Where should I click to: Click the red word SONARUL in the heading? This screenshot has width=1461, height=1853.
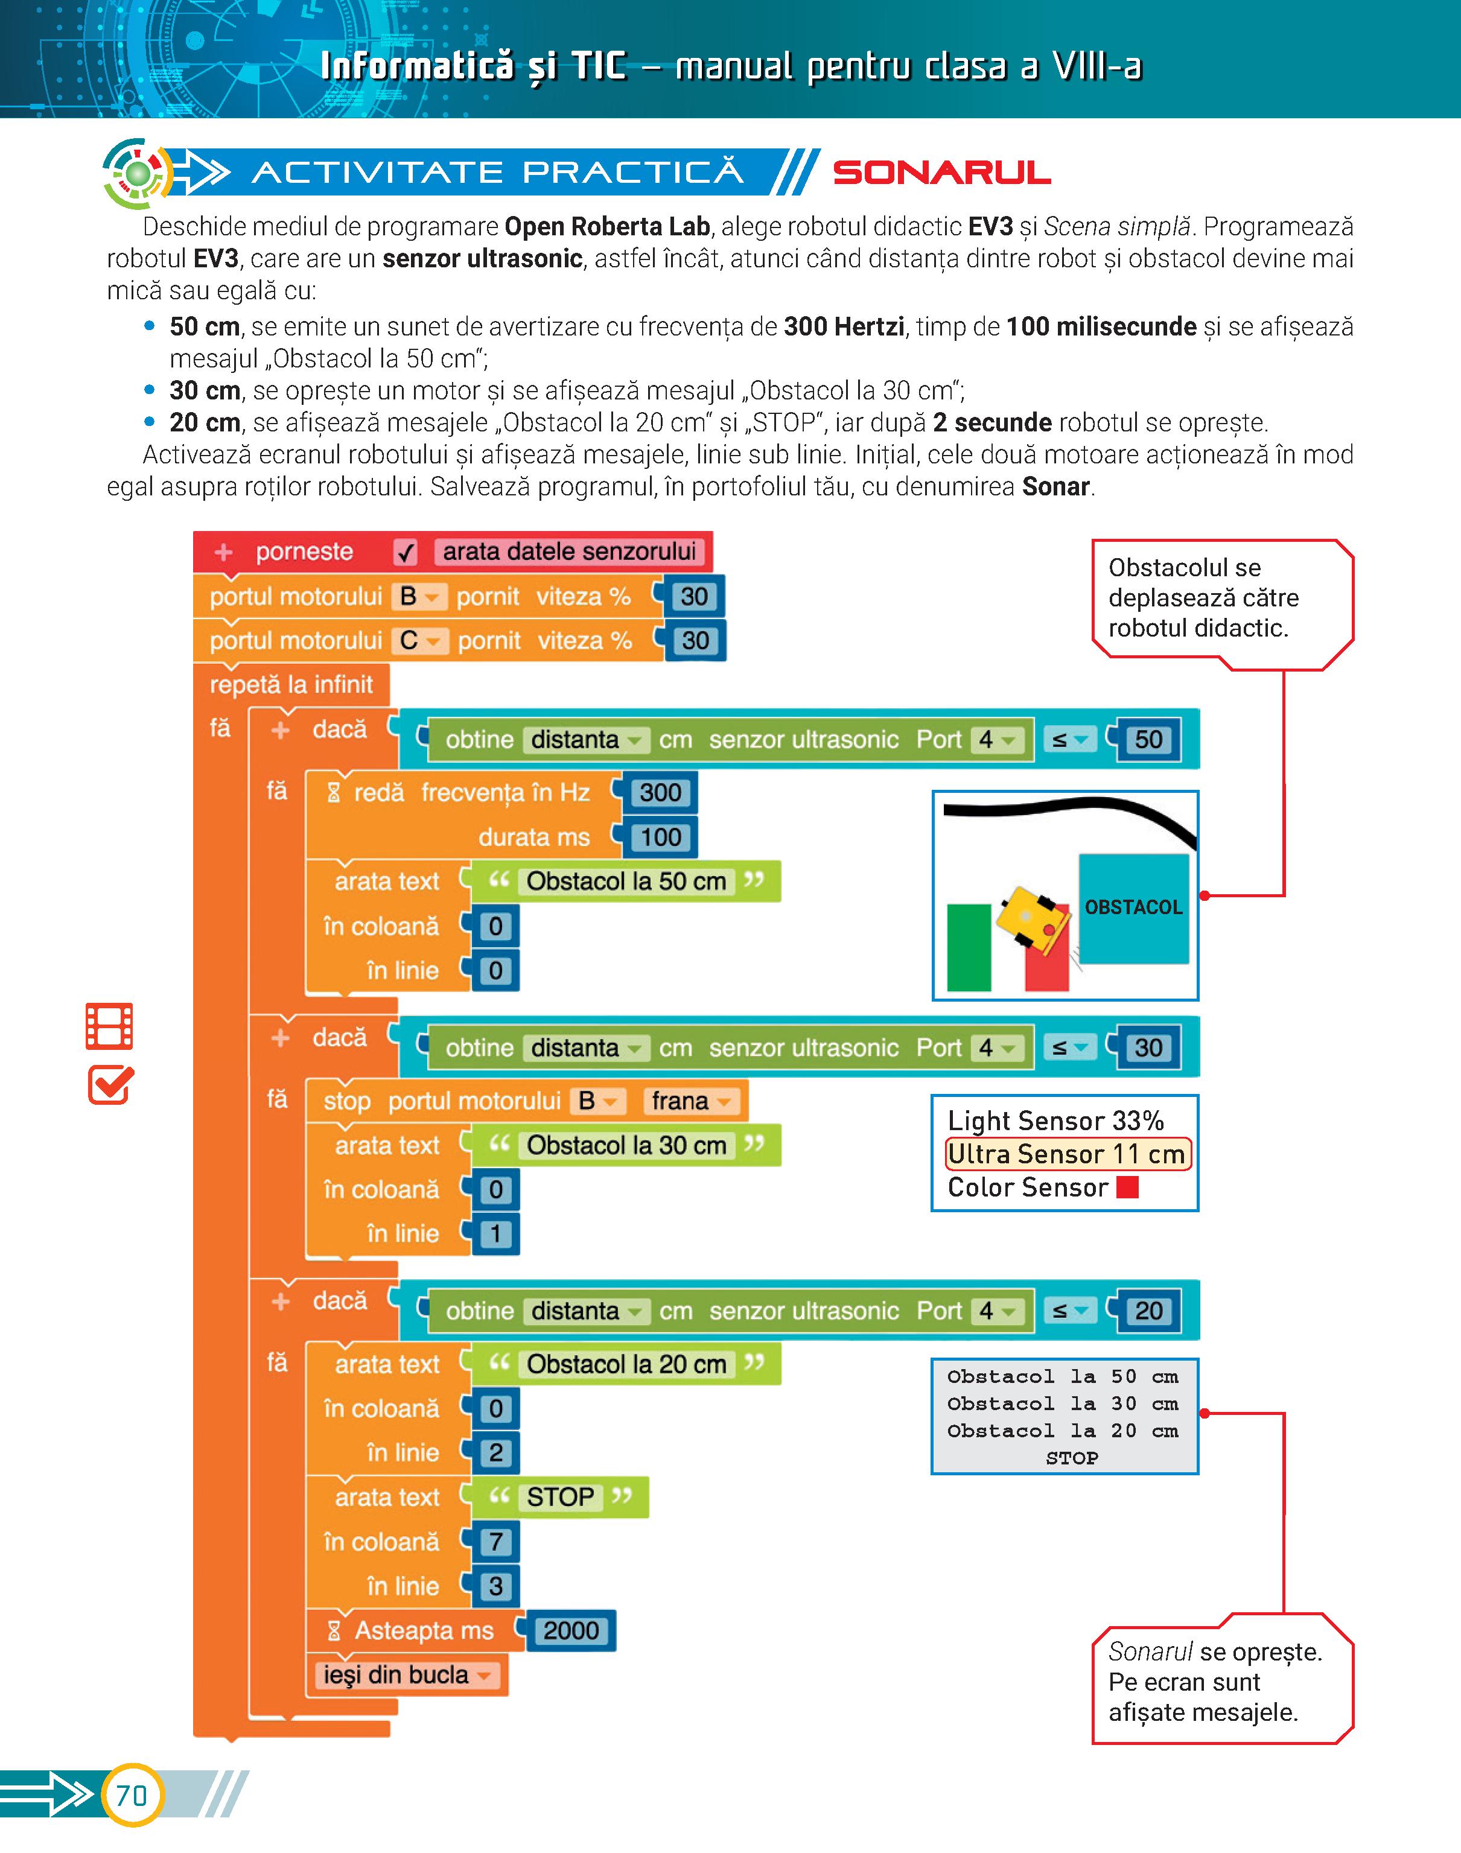[x=942, y=173]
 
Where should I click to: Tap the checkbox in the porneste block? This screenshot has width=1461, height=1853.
[x=406, y=552]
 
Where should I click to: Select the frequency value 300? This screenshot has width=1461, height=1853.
[x=660, y=793]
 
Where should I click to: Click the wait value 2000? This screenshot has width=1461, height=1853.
[x=570, y=1631]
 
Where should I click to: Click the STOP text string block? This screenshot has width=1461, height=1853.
[x=559, y=1496]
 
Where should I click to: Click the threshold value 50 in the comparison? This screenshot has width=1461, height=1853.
[x=1148, y=740]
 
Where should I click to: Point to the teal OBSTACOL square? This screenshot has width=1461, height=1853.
[x=1133, y=907]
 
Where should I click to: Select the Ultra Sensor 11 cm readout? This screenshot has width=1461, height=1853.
[x=1067, y=1154]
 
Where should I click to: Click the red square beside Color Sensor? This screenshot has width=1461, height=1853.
[x=1127, y=1187]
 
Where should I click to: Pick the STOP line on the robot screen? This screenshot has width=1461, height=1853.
[x=1071, y=1458]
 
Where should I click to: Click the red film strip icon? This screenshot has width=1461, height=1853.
[x=109, y=1026]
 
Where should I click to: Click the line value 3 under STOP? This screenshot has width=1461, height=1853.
[x=495, y=1586]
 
